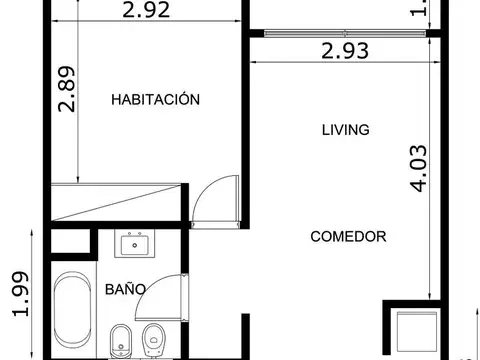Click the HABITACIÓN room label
pyautogui.click(x=156, y=100)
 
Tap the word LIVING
pyautogui.click(x=346, y=130)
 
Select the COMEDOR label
pyautogui.click(x=348, y=237)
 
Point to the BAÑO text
pyautogui.click(x=126, y=289)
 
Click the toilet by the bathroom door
pyautogui.click(x=155, y=340)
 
